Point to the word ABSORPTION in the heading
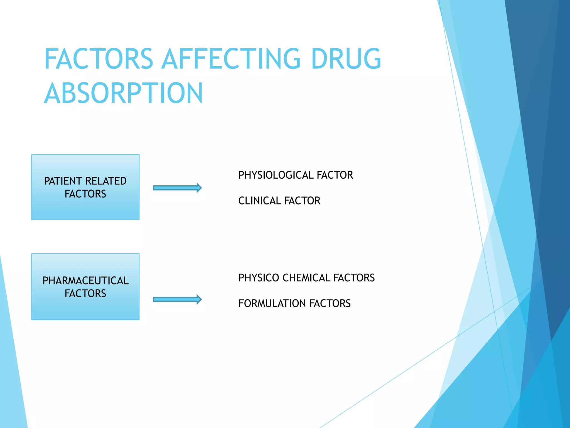tap(124, 93)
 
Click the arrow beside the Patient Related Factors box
tap(177, 188)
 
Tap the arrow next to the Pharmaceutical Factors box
tap(177, 299)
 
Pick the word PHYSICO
tap(259, 278)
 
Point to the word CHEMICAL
tap(306, 278)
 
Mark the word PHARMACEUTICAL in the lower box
tap(85, 281)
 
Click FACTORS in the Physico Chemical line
tap(354, 278)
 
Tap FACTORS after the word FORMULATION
tap(330, 303)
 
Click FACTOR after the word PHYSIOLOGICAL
tap(335, 175)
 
